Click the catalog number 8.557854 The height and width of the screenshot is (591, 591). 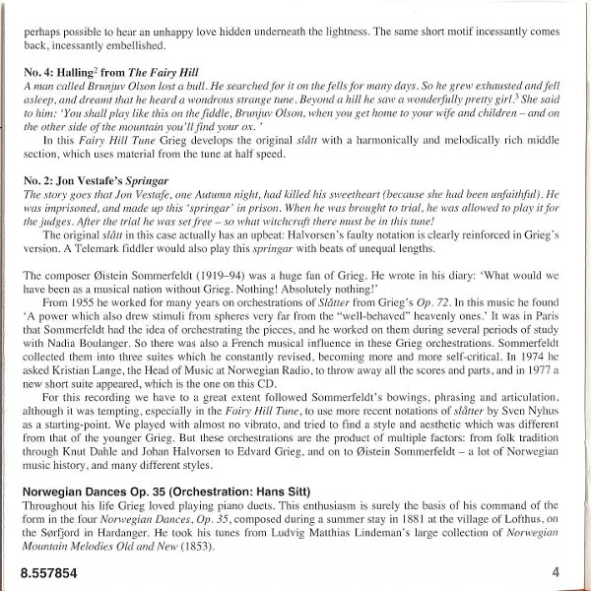point(46,571)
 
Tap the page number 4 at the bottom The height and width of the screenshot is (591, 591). point(556,571)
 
